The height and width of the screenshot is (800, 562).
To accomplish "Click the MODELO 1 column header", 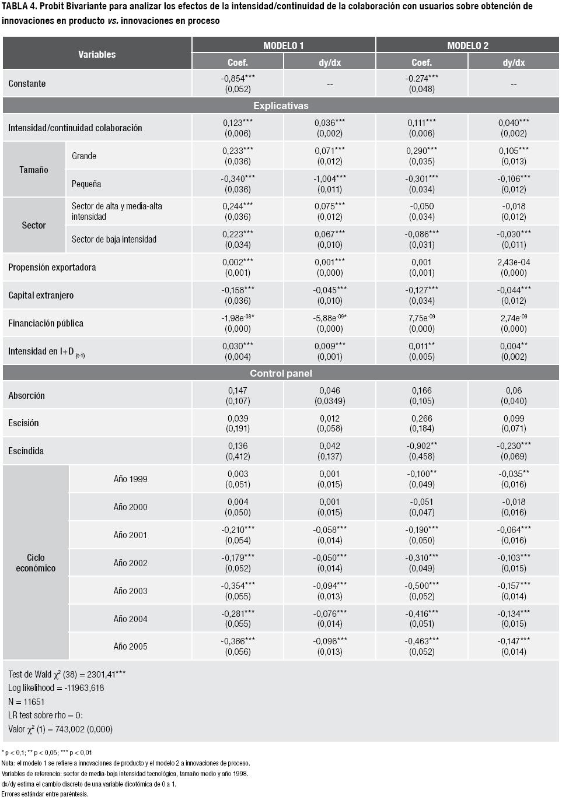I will click(283, 45).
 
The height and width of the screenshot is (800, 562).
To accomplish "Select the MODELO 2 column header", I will click(467, 45).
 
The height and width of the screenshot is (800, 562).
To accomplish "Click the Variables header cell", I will click(97, 54).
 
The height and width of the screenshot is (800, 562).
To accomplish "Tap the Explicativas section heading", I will click(281, 106).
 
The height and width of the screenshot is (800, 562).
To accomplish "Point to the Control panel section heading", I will click(281, 373).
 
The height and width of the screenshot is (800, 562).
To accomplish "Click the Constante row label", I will click(27, 83).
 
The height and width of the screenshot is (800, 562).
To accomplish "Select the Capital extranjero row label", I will click(41, 295).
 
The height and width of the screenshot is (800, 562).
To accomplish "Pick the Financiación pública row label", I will click(46, 323).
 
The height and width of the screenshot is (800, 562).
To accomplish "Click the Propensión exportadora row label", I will click(52, 267).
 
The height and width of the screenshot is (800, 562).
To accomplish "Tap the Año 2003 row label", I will click(130, 591).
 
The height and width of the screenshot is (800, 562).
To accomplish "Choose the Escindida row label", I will click(26, 451).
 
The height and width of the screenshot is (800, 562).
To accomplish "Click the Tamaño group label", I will click(34, 170).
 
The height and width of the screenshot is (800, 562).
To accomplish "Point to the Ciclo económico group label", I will click(36, 563).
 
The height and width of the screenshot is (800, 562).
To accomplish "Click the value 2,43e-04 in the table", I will click(514, 262).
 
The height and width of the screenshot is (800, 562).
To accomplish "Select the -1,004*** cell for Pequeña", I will click(330, 178).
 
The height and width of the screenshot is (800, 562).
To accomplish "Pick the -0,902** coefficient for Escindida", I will click(422, 446).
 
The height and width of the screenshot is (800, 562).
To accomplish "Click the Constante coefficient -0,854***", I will click(238, 78).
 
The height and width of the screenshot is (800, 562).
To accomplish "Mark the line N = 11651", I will click(26, 701).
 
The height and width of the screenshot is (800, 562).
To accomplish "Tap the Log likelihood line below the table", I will click(56, 687).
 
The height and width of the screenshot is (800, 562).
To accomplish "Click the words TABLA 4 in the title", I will click(19, 6).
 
